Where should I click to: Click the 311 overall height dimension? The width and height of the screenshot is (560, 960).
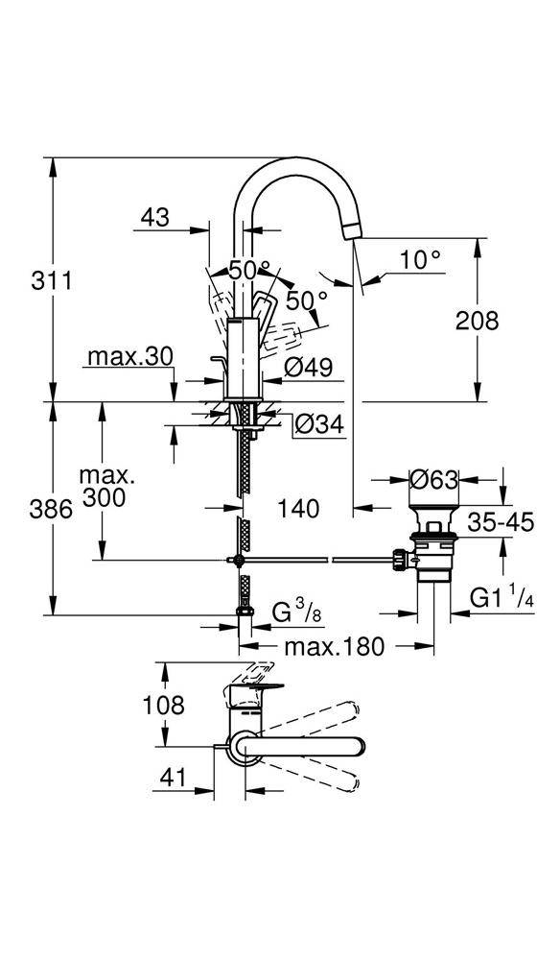click(x=52, y=281)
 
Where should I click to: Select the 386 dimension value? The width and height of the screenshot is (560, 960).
click(x=52, y=509)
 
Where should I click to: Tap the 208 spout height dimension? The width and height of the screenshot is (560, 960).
click(x=477, y=321)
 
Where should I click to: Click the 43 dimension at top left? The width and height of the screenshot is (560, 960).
click(x=155, y=217)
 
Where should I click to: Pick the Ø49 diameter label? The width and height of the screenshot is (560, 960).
click(x=309, y=368)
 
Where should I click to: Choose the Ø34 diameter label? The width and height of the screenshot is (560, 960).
click(x=319, y=423)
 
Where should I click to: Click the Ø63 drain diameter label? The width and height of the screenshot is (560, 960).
click(x=433, y=480)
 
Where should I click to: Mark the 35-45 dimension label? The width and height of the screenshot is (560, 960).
click(x=501, y=523)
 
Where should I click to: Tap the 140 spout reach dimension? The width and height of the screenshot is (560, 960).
click(x=298, y=508)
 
